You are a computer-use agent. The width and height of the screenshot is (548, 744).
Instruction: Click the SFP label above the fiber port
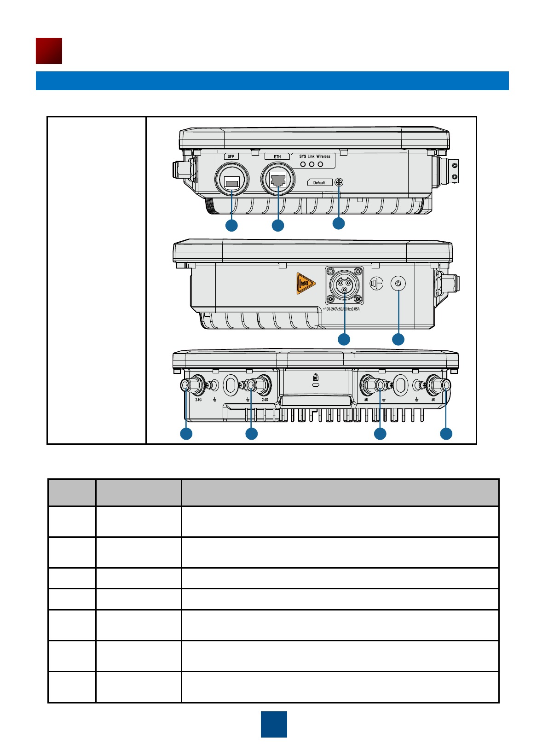pyautogui.click(x=231, y=157)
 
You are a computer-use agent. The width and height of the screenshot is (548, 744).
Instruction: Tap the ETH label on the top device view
pyautogui.click(x=277, y=157)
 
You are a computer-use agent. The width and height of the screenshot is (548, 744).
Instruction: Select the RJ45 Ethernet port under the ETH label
pyautogui.click(x=278, y=180)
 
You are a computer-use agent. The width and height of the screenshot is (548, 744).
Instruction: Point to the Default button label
pyautogui.click(x=319, y=183)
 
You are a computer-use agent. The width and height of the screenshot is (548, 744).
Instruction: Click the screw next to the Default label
pyautogui.click(x=339, y=182)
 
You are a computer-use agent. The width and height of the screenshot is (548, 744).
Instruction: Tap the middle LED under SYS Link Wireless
pyautogui.click(x=311, y=164)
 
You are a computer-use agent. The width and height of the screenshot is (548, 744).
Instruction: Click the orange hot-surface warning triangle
pyautogui.click(x=305, y=283)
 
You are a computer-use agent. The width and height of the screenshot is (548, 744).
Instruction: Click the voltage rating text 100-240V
pyautogui.click(x=341, y=309)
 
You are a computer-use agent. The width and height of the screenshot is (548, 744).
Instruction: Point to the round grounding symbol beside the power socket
pyautogui.click(x=376, y=284)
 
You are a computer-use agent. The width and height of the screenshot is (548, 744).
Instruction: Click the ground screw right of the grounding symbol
pyautogui.click(x=398, y=284)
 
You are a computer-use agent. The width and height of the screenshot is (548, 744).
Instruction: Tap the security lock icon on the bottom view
pyautogui.click(x=316, y=376)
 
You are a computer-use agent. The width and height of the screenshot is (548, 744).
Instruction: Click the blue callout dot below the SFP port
pyautogui.click(x=231, y=225)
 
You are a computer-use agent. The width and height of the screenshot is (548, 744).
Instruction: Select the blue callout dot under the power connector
pyautogui.click(x=344, y=339)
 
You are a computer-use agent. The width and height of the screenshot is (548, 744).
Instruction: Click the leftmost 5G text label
pyautogui.click(x=366, y=400)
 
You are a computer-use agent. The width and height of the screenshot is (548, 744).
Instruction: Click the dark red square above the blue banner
pyautogui.click(x=49, y=51)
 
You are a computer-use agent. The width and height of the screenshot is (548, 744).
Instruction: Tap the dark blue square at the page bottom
pyautogui.click(x=274, y=724)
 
